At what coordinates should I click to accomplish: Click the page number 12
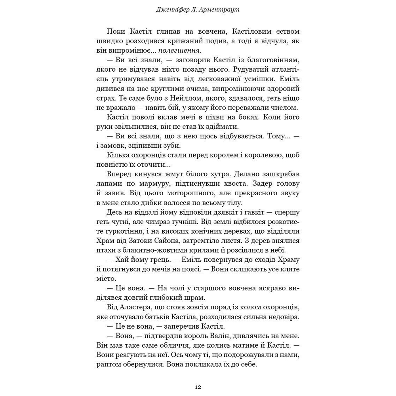[198, 387]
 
